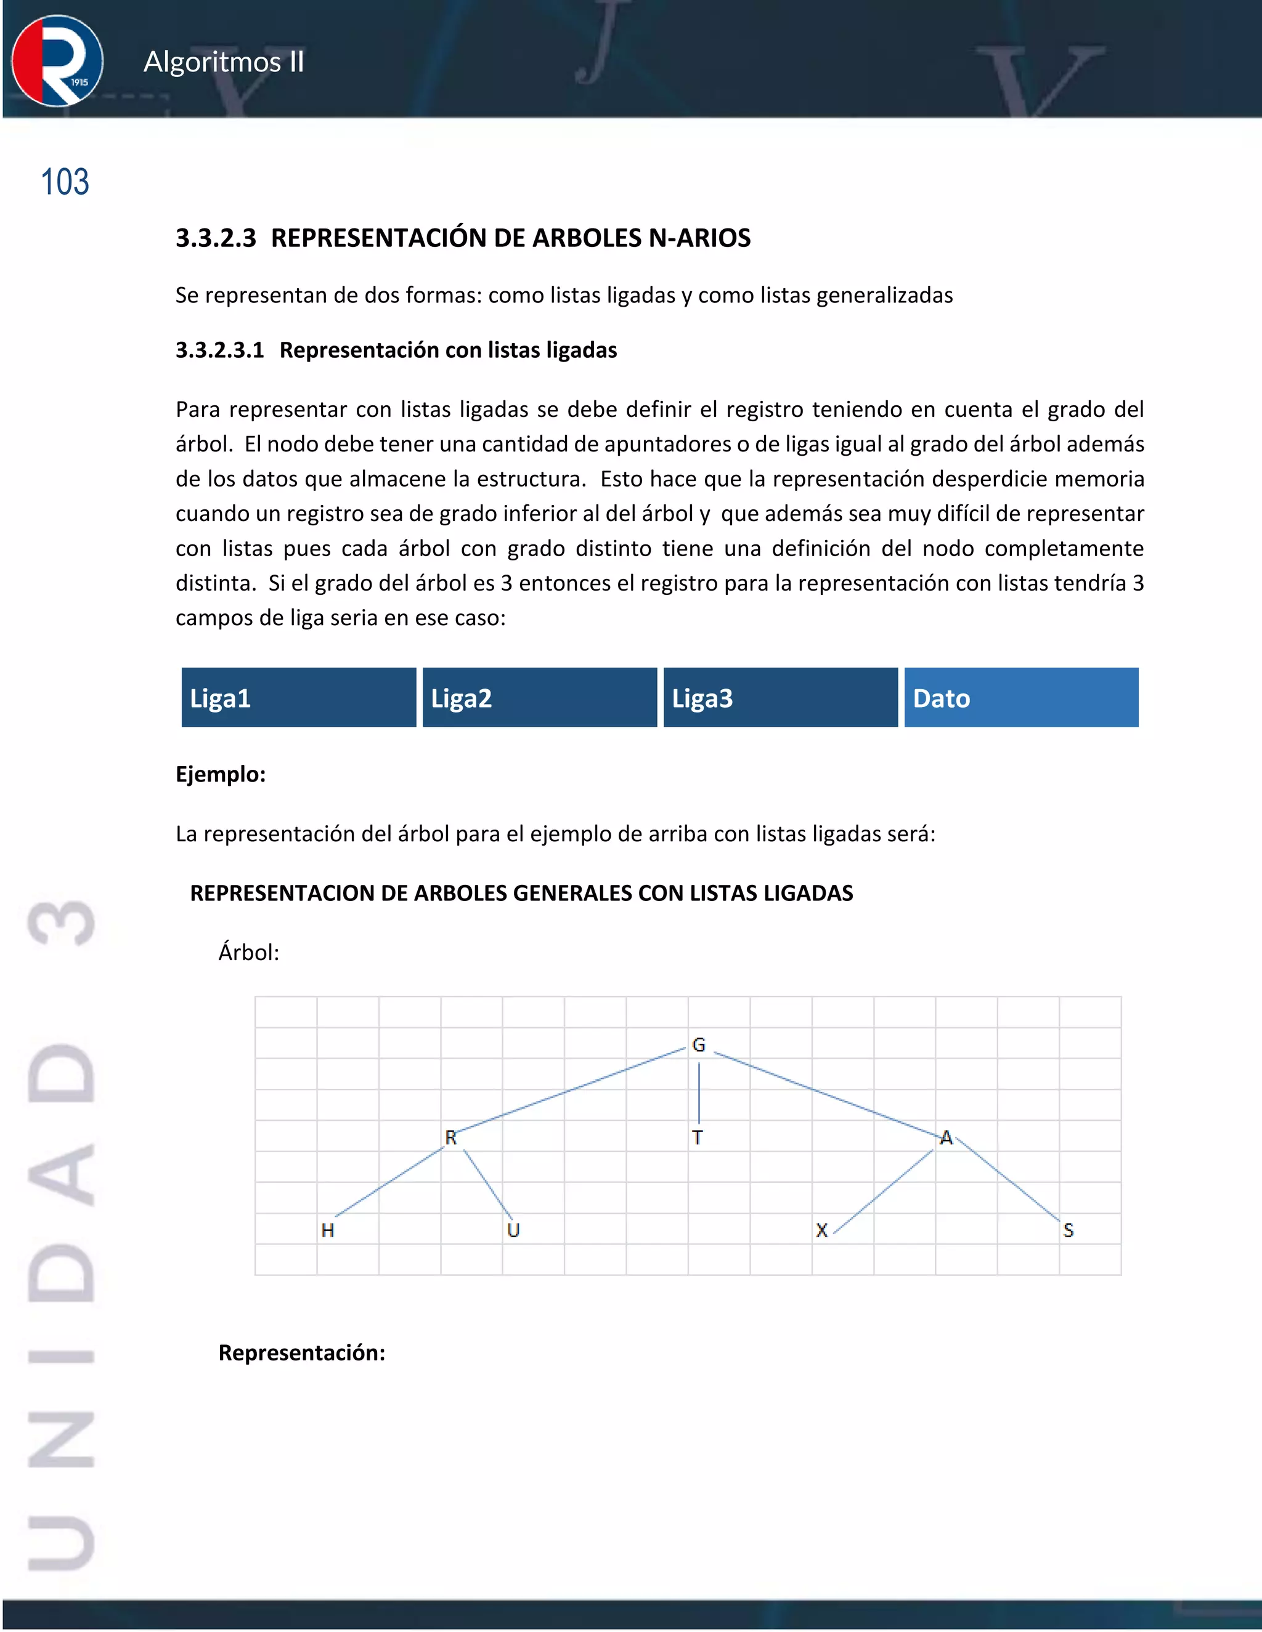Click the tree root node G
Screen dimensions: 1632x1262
698,1044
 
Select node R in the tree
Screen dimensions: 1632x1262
451,1137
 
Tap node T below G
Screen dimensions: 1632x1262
697,1137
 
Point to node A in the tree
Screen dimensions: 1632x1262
946,1137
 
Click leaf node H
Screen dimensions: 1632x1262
327,1230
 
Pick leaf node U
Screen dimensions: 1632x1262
513,1230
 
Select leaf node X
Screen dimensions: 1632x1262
821,1230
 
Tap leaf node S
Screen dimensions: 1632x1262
1068,1230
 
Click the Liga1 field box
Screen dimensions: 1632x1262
298,697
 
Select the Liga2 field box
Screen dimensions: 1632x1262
539,697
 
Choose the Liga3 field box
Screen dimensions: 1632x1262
781,697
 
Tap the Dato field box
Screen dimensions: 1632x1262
1021,697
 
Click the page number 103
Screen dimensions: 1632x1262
65,182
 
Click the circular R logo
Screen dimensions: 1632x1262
57,60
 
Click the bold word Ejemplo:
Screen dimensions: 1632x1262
221,774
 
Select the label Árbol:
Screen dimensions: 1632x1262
248,952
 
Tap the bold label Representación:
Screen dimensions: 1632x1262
301,1352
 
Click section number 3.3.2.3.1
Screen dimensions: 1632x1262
220,350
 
